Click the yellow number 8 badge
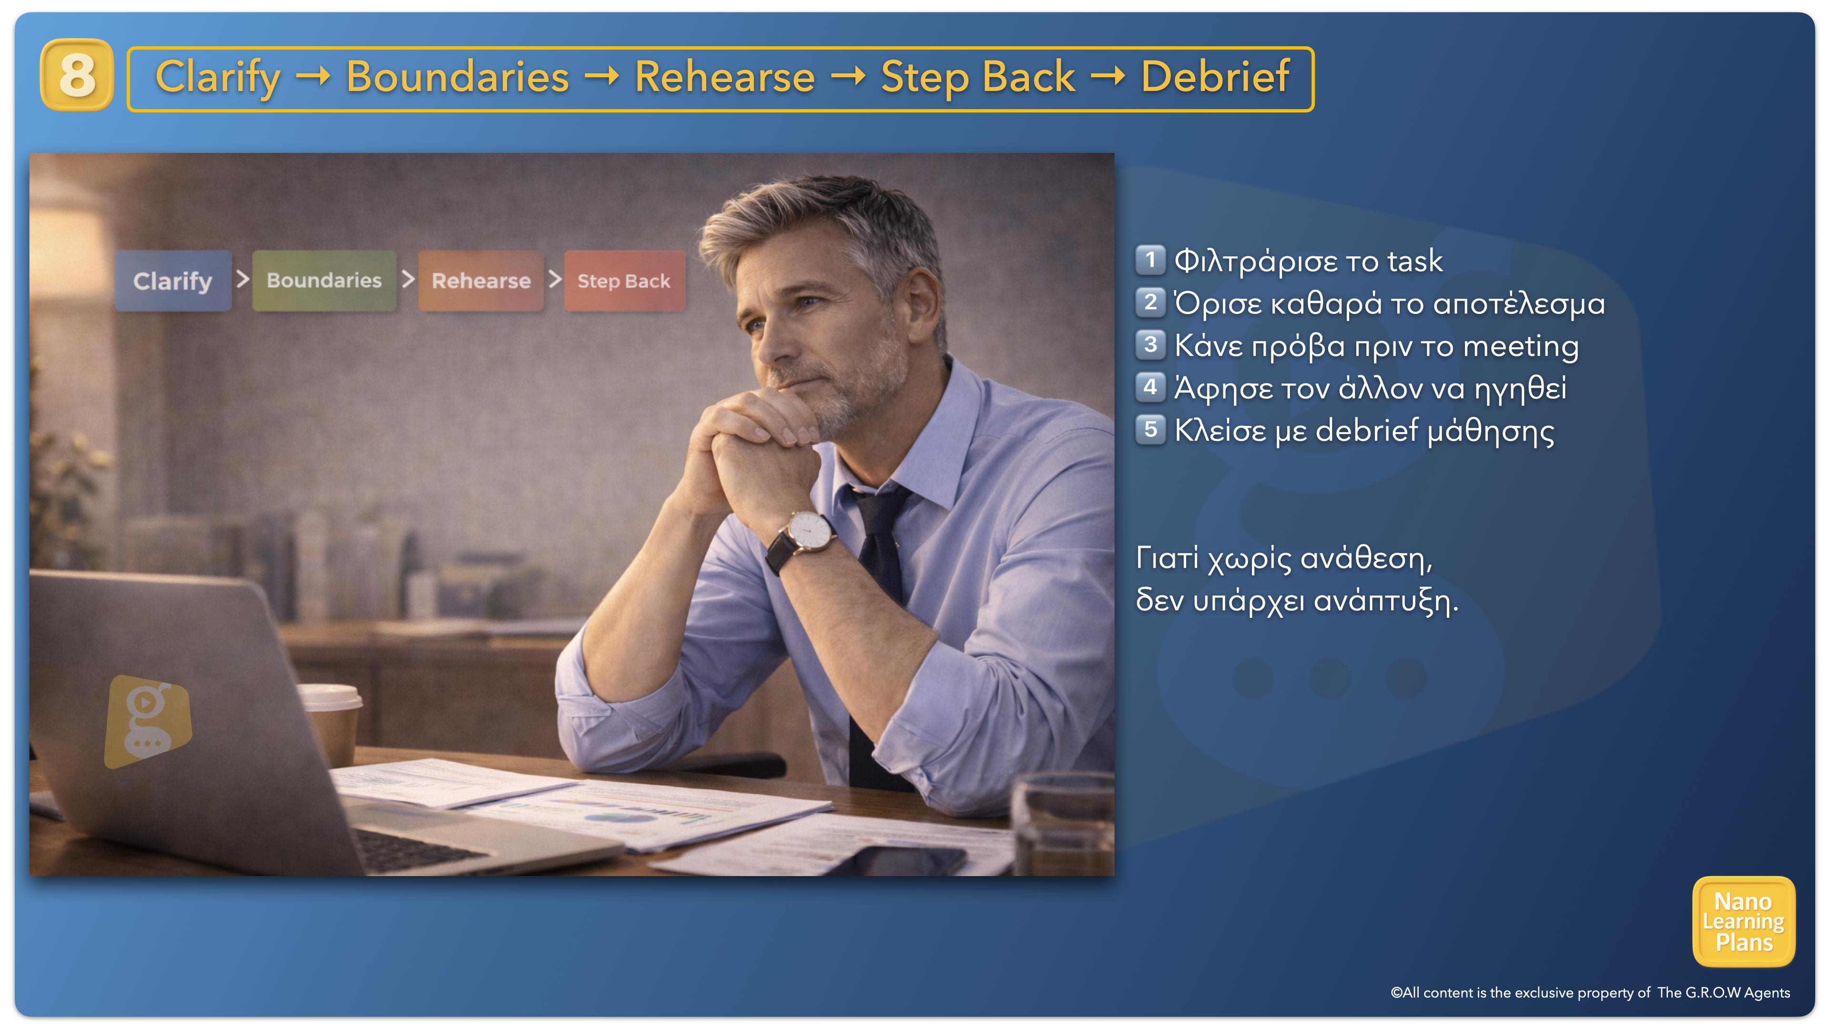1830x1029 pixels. tap(77, 75)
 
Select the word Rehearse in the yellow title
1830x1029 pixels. tap(724, 77)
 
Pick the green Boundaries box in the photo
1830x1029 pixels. tap(324, 281)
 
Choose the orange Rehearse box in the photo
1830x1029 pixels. tap(481, 281)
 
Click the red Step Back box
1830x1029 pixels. tap(624, 281)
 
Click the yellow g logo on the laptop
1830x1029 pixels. tap(148, 720)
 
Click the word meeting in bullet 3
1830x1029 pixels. tap(1520, 346)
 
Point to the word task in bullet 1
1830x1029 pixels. tap(1414, 262)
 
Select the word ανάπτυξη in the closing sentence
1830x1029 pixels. tap(1386, 602)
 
